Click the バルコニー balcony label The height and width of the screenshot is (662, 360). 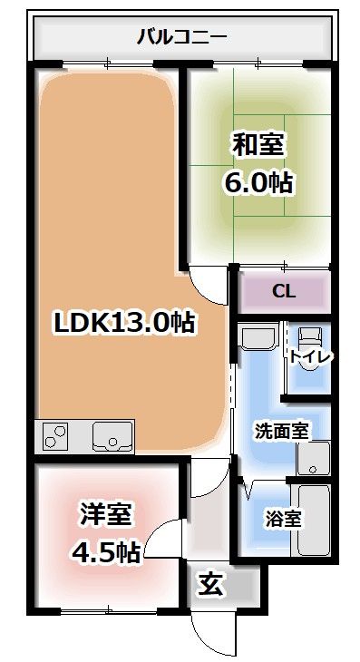[x=181, y=37]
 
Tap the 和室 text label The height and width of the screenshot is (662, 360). [x=258, y=144]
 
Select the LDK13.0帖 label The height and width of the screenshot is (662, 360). [x=125, y=322]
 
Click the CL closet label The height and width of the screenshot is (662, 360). [x=284, y=291]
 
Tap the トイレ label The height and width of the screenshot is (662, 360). [x=311, y=356]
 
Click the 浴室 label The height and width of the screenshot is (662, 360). [x=283, y=520]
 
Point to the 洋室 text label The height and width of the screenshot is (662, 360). [x=103, y=514]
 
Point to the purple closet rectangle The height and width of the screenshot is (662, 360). [x=284, y=291]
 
